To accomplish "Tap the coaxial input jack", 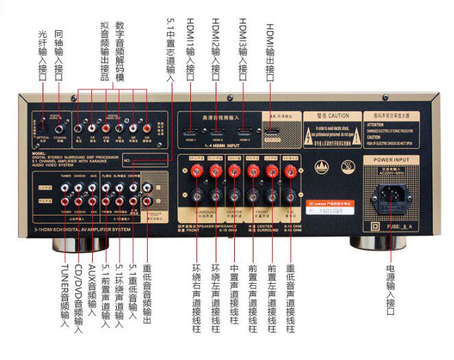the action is click(x=60, y=126).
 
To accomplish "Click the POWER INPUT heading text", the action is click(x=391, y=159).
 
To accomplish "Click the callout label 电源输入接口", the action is click(x=391, y=290).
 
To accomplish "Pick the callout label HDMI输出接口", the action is click(x=270, y=48).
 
